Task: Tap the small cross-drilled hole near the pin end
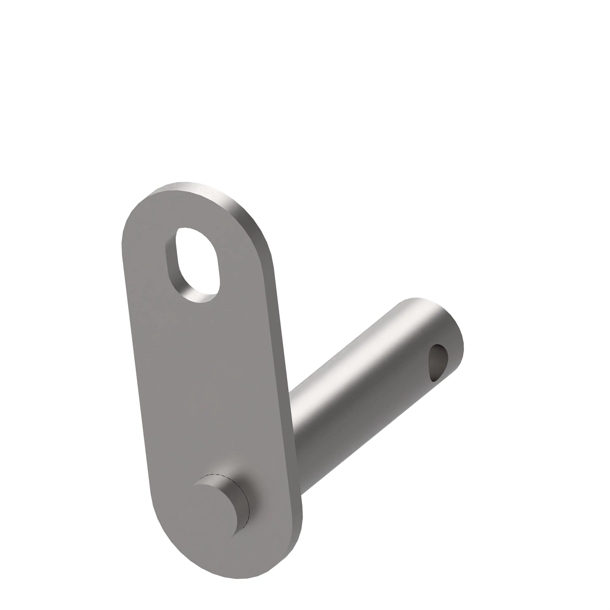click(438, 362)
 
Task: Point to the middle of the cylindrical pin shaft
click(366, 376)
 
